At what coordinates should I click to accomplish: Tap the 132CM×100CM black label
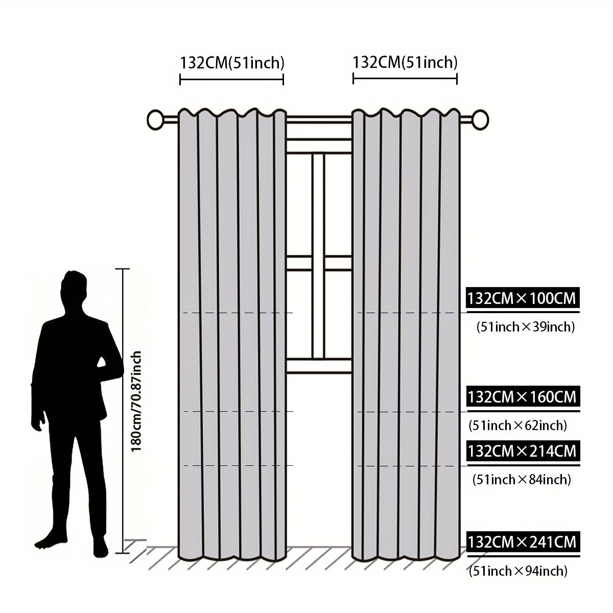click(523, 298)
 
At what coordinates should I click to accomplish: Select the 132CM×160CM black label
click(523, 396)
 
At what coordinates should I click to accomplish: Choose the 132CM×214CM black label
click(523, 451)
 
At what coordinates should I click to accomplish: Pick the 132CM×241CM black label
click(523, 542)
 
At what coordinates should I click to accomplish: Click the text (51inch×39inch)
click(526, 327)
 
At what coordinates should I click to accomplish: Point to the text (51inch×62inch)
click(518, 426)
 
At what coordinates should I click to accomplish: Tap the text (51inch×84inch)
click(522, 479)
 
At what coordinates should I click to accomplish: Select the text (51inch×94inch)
click(518, 571)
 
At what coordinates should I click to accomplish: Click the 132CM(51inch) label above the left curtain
click(232, 63)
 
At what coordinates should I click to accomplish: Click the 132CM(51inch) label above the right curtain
click(405, 62)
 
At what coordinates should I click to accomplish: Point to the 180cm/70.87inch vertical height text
click(136, 401)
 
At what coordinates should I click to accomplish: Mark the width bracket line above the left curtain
click(231, 80)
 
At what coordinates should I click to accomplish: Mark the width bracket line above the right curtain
click(405, 79)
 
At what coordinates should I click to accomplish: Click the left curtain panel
click(232, 334)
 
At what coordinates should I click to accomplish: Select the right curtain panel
click(406, 334)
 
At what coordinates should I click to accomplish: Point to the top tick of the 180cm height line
click(122, 269)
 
